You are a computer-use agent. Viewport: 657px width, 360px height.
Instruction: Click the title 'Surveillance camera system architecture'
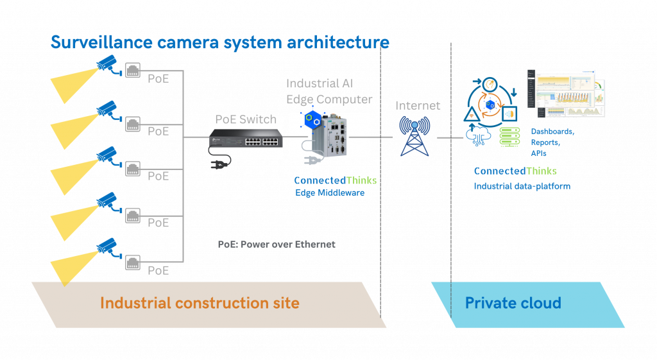[219, 42]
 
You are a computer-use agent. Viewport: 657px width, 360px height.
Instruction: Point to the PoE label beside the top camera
[158, 79]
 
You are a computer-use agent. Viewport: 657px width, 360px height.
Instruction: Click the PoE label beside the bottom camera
[158, 270]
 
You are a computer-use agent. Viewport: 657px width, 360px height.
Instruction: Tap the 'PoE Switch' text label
[246, 119]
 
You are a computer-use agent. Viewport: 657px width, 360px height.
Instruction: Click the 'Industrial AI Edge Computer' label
[328, 91]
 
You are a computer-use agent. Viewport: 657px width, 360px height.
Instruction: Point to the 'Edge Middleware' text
[330, 193]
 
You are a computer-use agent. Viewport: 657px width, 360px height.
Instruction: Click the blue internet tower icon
[416, 135]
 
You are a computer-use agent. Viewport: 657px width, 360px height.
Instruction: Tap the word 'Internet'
[418, 106]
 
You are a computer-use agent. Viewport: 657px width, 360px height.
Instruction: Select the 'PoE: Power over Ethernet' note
[277, 244]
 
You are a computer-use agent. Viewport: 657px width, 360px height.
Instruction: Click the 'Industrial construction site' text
[200, 303]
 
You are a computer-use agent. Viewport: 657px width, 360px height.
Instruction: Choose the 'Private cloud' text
[513, 303]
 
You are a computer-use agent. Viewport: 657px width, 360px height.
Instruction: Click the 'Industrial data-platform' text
[522, 186]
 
